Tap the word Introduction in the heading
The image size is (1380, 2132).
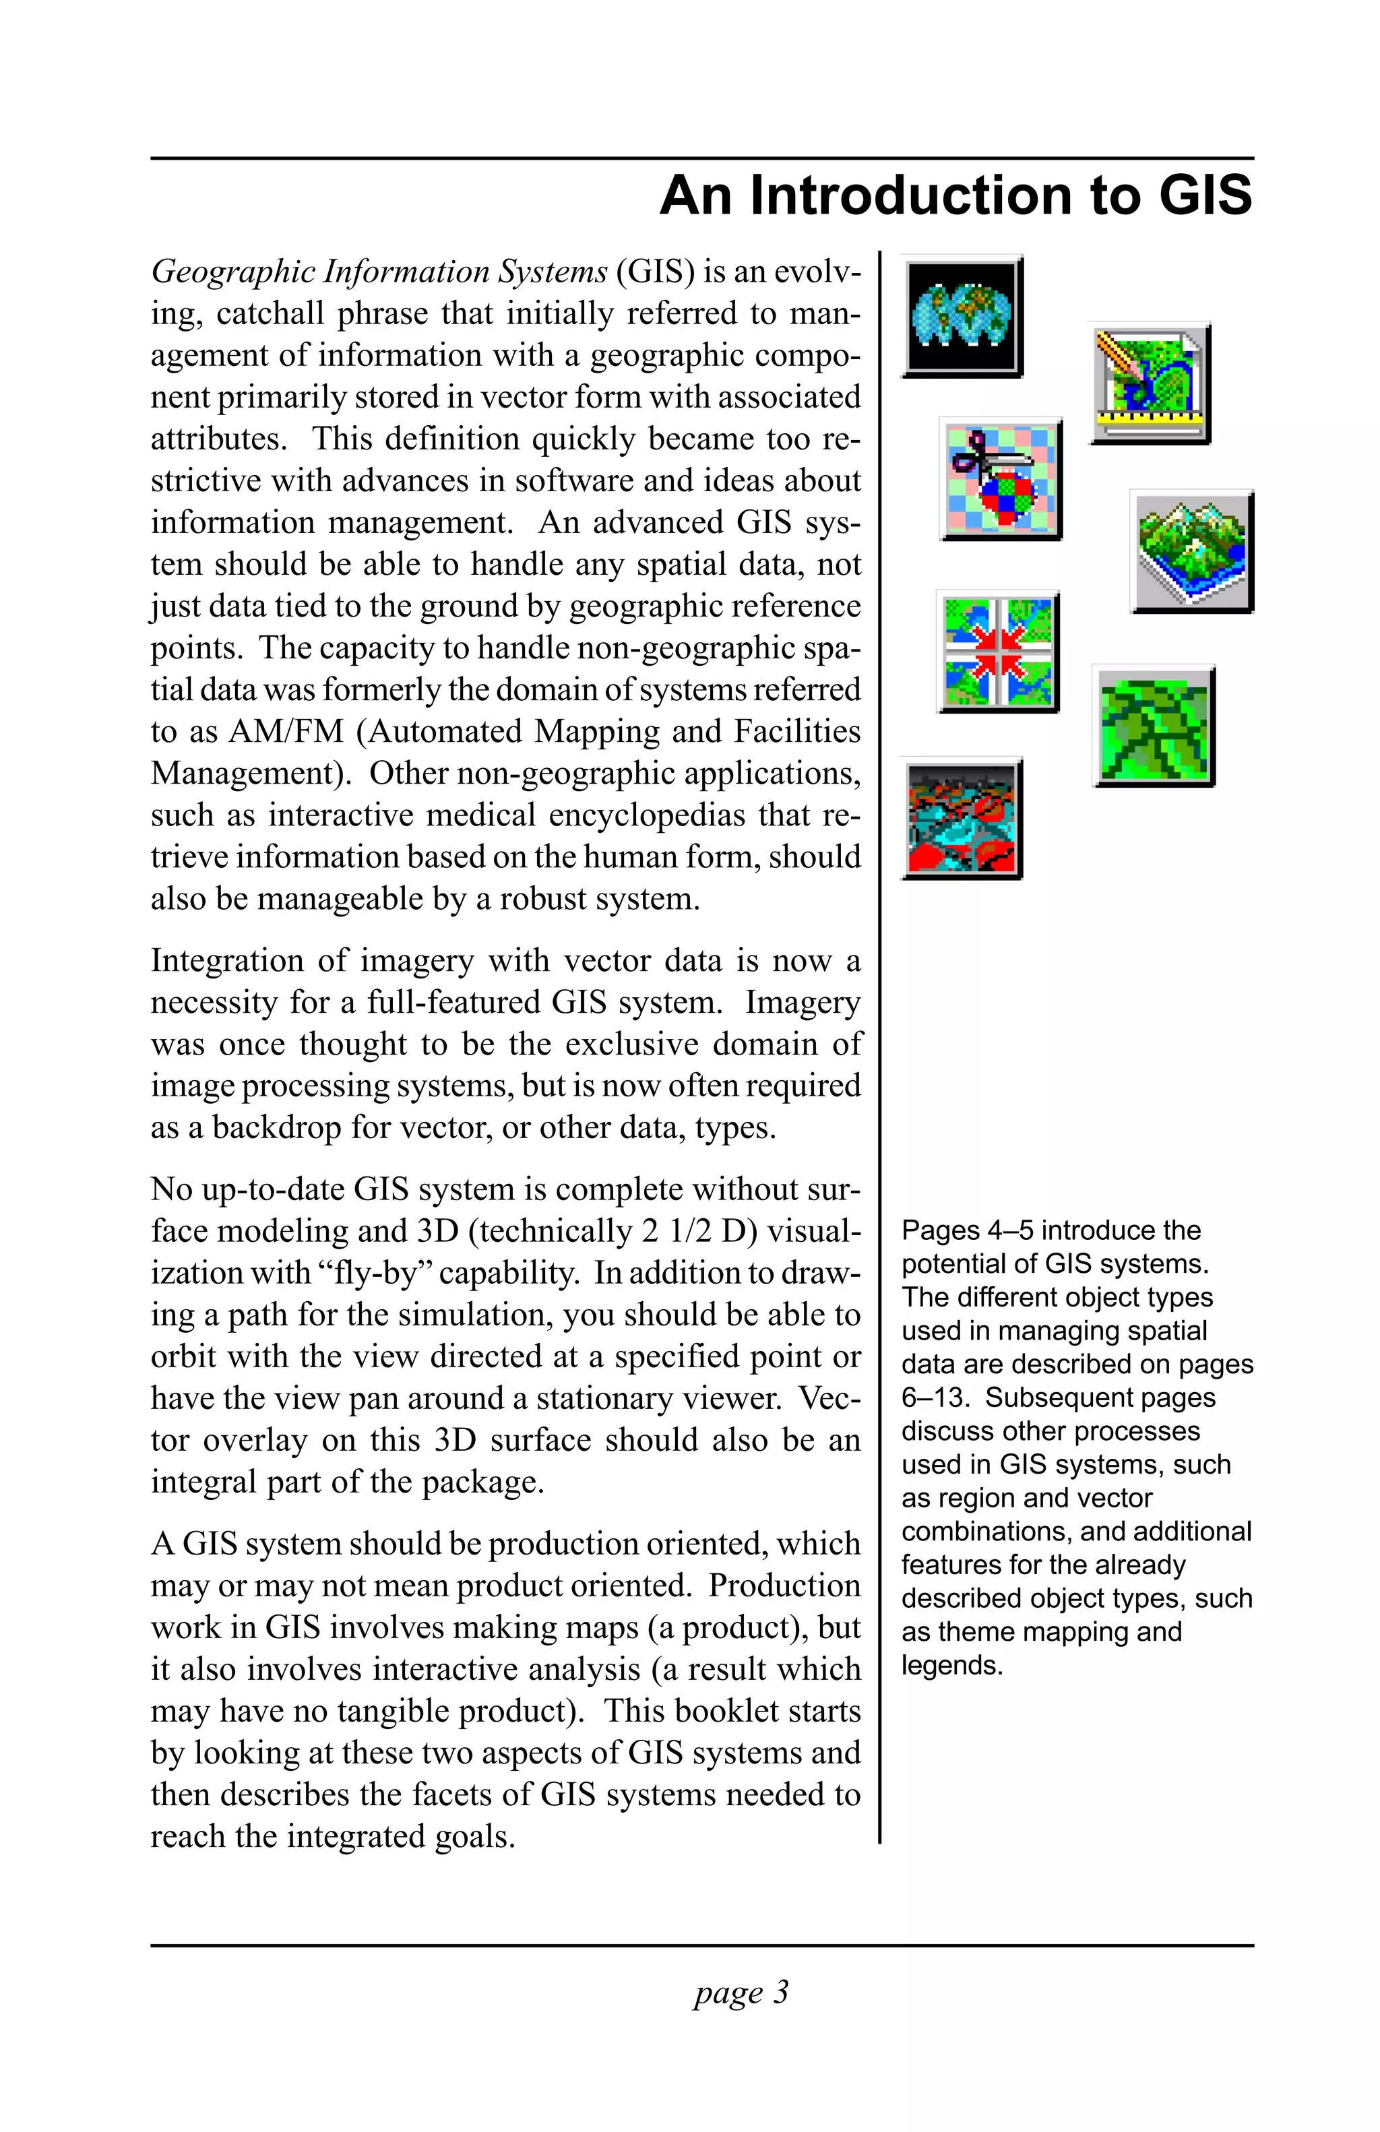click(912, 195)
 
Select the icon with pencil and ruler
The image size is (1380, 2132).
click(1150, 383)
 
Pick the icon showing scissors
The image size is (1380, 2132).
click(1001, 479)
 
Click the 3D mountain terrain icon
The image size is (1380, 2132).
click(1191, 551)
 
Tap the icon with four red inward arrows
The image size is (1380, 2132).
click(998, 651)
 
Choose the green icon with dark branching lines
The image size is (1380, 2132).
click(1154, 726)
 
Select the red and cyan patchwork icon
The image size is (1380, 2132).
click(962, 818)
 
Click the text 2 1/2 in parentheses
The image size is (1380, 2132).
click(678, 1231)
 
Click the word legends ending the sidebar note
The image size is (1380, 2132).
click(951, 1665)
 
